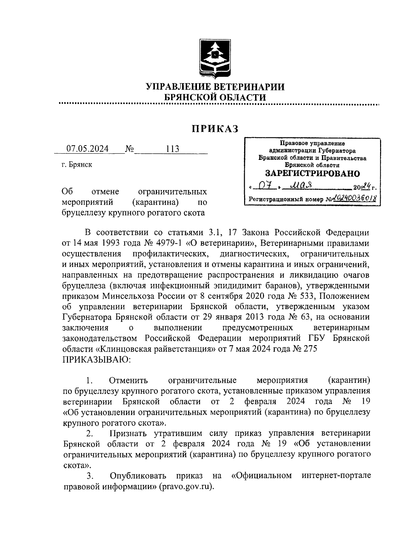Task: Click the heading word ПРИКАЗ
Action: click(x=215, y=129)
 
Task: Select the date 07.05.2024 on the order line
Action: click(x=88, y=149)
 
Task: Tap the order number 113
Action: click(x=173, y=149)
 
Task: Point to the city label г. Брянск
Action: click(x=77, y=165)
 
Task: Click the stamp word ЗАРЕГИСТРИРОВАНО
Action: click(x=312, y=174)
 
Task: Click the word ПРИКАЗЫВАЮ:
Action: click(x=97, y=360)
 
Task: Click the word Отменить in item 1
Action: click(x=128, y=381)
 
